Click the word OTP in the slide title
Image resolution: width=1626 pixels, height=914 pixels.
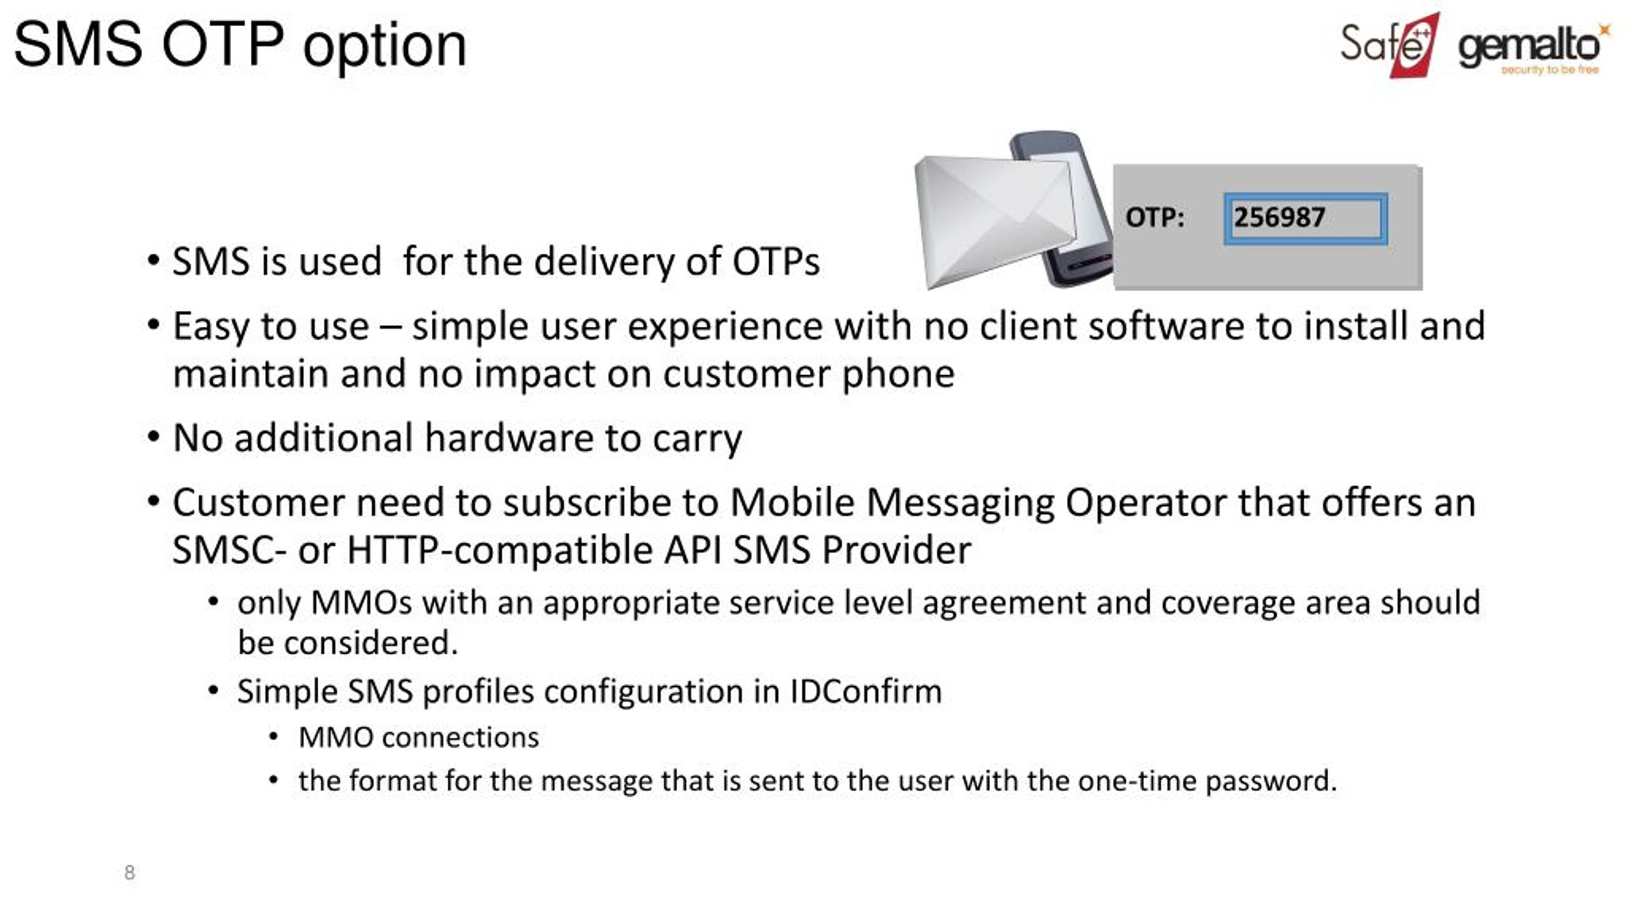222,44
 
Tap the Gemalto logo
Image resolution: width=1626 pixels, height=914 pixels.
1534,48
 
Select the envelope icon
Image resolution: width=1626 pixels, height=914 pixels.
994,223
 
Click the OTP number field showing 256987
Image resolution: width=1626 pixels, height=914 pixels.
1306,218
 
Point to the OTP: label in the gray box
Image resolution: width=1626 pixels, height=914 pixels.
1155,218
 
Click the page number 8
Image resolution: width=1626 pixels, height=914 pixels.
130,872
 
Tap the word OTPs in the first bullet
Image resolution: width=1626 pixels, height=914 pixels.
776,262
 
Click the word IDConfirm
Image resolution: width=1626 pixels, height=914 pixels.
866,691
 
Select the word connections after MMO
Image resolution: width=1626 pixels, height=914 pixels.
460,738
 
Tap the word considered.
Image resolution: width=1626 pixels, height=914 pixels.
371,643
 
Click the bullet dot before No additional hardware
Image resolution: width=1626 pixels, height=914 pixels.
153,437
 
